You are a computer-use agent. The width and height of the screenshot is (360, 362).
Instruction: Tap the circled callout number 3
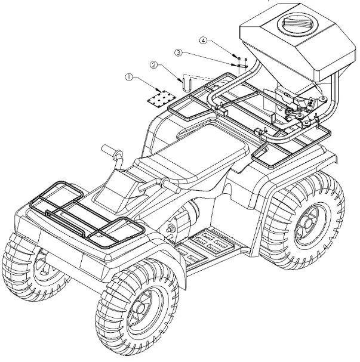click(178, 52)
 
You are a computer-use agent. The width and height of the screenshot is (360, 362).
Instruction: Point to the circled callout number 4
click(204, 41)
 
